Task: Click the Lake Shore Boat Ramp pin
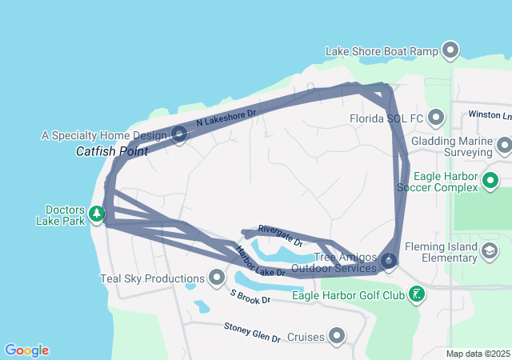pyautogui.click(x=450, y=50)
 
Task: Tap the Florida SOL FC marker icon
pyautogui.click(x=436, y=118)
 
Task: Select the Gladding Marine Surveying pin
pyautogui.click(x=504, y=146)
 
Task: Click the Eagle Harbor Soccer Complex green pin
pyautogui.click(x=492, y=182)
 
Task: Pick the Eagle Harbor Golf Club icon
pyautogui.click(x=416, y=295)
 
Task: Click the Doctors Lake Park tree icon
pyautogui.click(x=97, y=214)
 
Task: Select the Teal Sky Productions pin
pyautogui.click(x=216, y=278)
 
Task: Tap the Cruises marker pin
pyautogui.click(x=337, y=336)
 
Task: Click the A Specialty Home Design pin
pyautogui.click(x=179, y=134)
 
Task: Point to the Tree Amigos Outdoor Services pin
pyautogui.click(x=389, y=260)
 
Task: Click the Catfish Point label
pyautogui.click(x=106, y=150)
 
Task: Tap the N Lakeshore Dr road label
pyautogui.click(x=226, y=118)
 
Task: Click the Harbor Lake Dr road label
pyautogui.click(x=259, y=262)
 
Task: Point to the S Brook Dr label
pyautogui.click(x=251, y=296)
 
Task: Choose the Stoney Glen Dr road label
pyautogui.click(x=252, y=332)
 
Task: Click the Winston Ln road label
pyautogui.click(x=490, y=115)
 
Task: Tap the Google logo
pyautogui.click(x=27, y=350)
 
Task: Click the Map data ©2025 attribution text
pyautogui.click(x=478, y=354)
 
